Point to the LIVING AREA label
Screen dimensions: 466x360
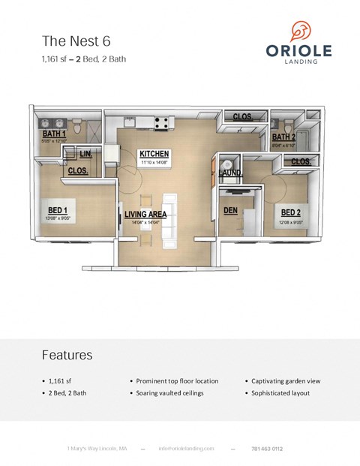(145, 214)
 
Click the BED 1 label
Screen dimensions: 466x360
(58, 210)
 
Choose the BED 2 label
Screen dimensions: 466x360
(292, 212)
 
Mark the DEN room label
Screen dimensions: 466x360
(231, 211)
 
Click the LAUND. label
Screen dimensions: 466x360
(230, 173)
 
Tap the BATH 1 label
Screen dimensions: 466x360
(55, 134)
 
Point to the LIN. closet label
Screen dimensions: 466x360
(87, 154)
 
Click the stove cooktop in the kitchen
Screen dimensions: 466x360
(160, 121)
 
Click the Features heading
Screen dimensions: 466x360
(67, 355)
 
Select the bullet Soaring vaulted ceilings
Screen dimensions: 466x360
(169, 392)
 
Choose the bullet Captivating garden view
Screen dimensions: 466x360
(282, 380)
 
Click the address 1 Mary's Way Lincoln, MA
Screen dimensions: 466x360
(97, 448)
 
